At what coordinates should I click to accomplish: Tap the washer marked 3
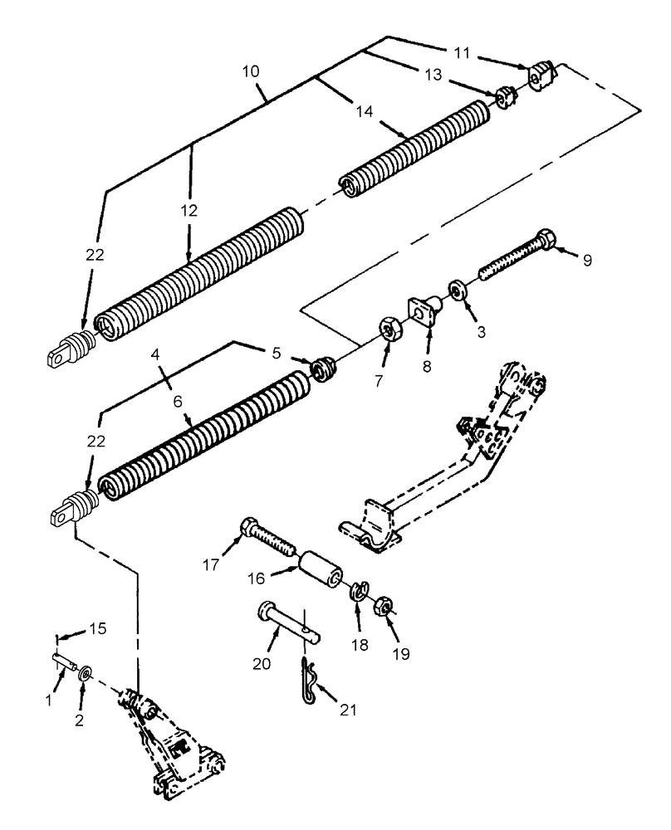tap(457, 290)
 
